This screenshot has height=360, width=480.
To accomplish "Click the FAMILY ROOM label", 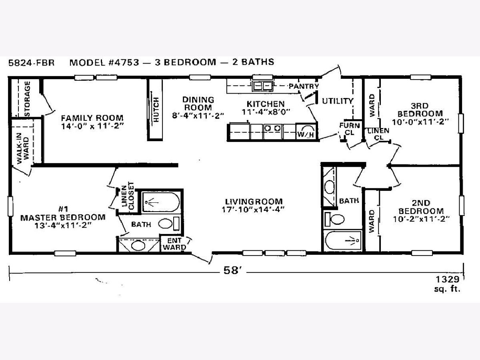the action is (92, 118).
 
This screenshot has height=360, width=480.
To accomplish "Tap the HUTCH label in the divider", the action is (156, 110).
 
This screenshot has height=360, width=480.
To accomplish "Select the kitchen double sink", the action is (262, 86).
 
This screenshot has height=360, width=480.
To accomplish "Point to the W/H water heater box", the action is (306, 131).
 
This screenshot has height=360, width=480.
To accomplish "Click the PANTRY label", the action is (304, 86).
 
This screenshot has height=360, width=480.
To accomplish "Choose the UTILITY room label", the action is (338, 101).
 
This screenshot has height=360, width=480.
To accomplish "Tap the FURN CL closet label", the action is (350, 129).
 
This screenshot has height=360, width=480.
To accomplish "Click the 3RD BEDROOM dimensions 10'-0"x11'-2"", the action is (420, 122).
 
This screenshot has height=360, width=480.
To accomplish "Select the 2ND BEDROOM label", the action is (421, 207).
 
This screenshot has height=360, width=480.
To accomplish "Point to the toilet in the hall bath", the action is (334, 219).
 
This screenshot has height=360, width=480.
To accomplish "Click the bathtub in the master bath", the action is (161, 202).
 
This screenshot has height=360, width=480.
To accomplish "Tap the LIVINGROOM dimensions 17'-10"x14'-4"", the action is (253, 209).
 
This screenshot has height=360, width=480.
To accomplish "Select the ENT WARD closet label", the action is (174, 244).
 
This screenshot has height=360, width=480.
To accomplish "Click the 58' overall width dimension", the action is (232, 271).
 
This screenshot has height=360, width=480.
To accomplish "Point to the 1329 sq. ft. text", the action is (448, 284).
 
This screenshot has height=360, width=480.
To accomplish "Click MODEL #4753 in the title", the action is (104, 62).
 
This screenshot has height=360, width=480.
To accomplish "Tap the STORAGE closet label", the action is (27, 99).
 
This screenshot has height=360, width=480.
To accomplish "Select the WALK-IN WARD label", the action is (22, 148).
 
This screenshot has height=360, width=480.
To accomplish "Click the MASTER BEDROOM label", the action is (63, 218).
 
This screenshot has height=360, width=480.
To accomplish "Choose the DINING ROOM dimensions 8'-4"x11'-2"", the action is (198, 116).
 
